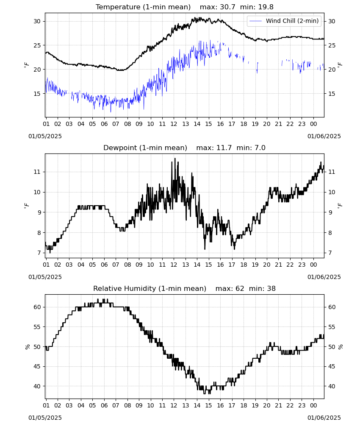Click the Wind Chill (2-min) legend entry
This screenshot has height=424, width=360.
click(284, 21)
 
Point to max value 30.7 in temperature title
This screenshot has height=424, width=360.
click(227, 7)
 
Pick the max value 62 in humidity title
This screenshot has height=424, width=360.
click(240, 288)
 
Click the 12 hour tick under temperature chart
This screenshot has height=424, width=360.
click(174, 124)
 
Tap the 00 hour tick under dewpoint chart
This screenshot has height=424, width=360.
click(313, 265)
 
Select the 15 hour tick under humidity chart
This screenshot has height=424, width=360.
click(208, 405)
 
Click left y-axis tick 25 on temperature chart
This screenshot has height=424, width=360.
click(37, 45)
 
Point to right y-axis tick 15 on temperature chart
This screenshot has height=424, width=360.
click(332, 94)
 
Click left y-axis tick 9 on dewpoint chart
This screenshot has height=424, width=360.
click(39, 212)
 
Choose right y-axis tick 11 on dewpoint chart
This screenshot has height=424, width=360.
click(332, 172)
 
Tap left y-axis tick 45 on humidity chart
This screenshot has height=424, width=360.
click(37, 366)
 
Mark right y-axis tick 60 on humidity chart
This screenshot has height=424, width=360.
click(332, 307)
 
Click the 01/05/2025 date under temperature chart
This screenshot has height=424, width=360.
click(45, 136)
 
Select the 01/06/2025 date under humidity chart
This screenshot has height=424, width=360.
click(324, 418)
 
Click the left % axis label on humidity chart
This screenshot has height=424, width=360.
click(27, 347)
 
